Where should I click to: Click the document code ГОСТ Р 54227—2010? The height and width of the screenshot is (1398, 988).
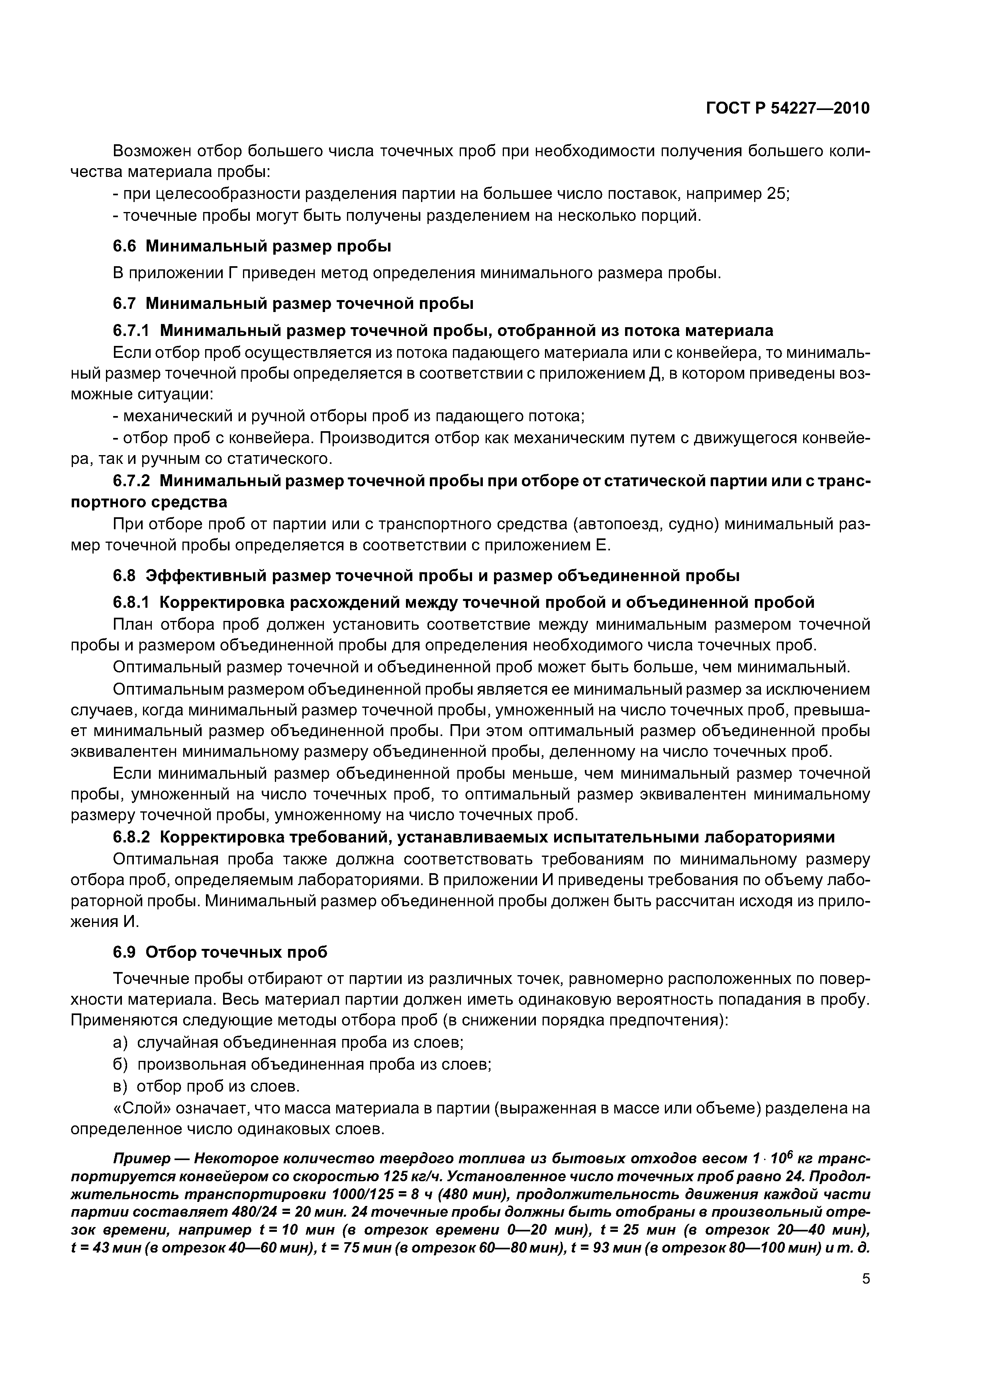click(787, 108)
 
